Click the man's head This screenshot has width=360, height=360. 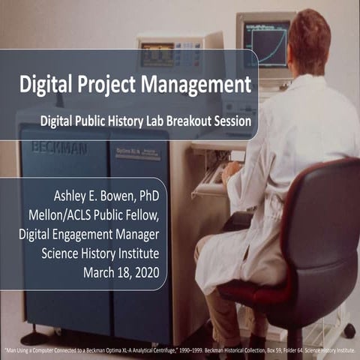(x=308, y=34)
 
